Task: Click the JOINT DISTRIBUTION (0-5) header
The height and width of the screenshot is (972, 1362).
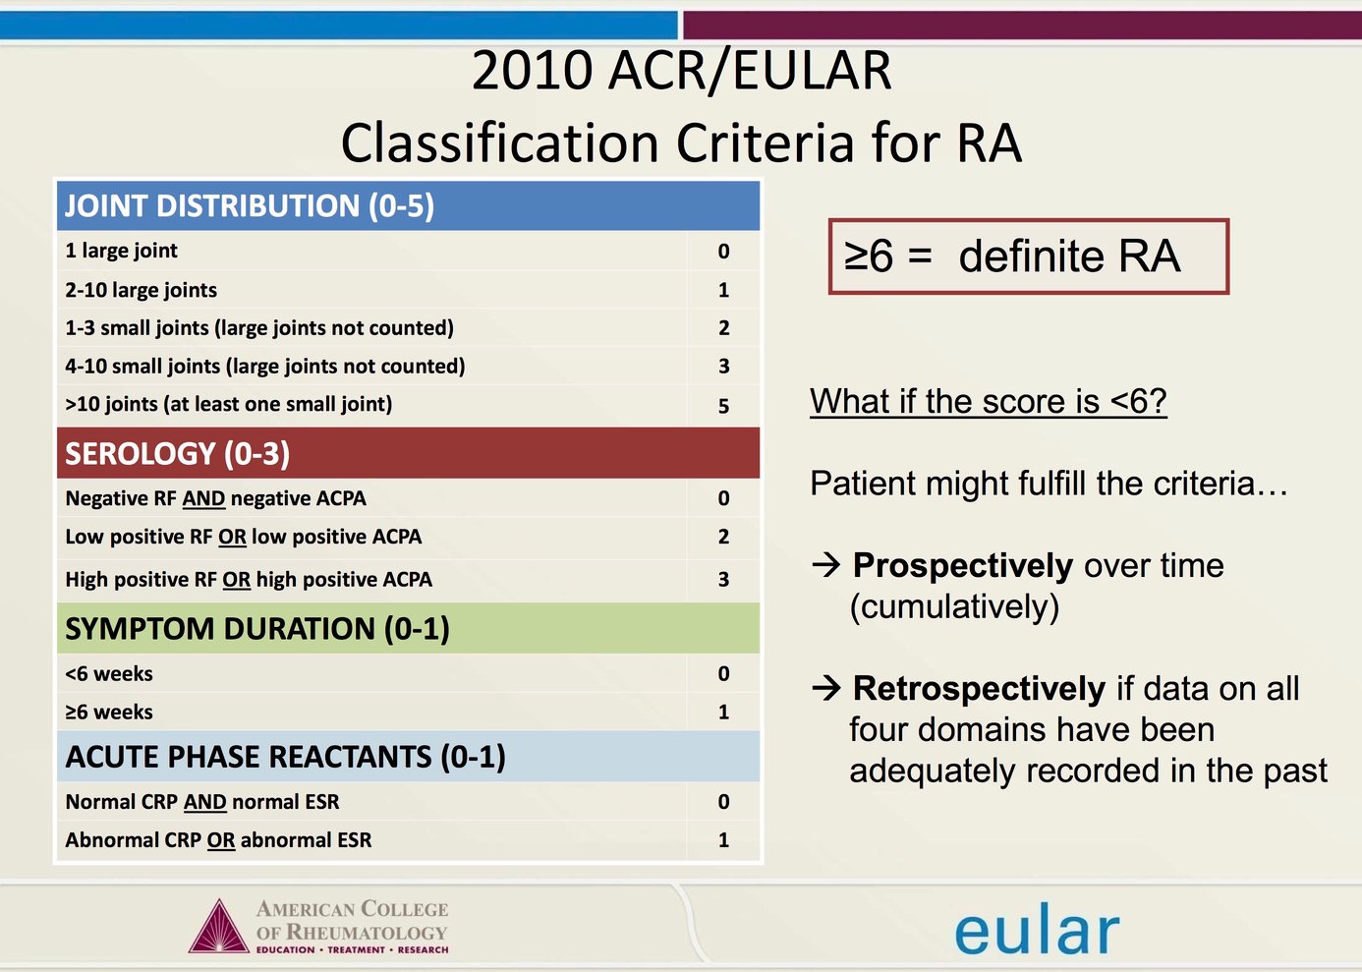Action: click(x=249, y=206)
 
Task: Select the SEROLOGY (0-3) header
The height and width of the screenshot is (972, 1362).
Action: click(x=177, y=453)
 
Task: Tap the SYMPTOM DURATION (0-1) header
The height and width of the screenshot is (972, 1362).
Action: click(x=256, y=629)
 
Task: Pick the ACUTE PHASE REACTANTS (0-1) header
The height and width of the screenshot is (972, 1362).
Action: click(x=285, y=757)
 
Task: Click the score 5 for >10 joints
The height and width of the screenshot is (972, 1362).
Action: click(x=723, y=406)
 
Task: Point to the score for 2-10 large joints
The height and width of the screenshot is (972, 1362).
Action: click(x=723, y=290)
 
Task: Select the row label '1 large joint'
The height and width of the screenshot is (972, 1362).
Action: click(x=121, y=251)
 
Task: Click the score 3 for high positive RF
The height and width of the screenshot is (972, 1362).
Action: click(x=723, y=580)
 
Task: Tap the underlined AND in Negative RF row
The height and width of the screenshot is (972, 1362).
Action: click(x=203, y=499)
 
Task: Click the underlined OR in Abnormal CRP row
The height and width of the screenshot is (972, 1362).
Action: click(x=221, y=841)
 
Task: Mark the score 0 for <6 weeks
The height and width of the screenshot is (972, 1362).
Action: click(x=723, y=674)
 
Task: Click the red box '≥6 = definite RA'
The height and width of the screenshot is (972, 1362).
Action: click(x=1028, y=257)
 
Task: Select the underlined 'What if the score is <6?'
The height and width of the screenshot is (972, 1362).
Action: click(x=988, y=401)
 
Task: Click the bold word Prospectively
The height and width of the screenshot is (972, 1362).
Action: click(x=962, y=566)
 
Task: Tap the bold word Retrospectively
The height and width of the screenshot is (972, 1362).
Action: click(x=979, y=689)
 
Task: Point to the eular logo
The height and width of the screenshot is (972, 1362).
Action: click(x=1036, y=930)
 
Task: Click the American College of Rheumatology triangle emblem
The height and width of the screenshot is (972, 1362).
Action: click(x=218, y=927)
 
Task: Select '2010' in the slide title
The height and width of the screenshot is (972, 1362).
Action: click(x=532, y=71)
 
